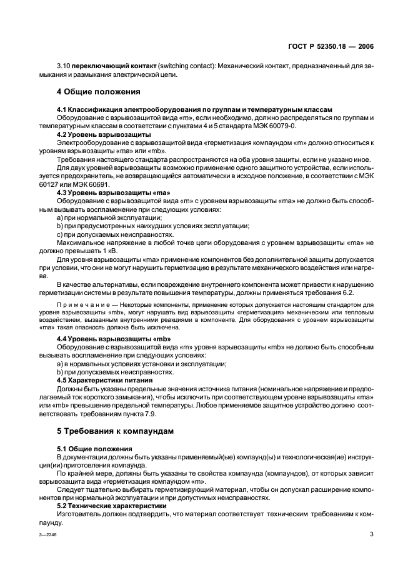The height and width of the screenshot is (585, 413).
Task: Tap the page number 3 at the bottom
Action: [371, 534]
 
